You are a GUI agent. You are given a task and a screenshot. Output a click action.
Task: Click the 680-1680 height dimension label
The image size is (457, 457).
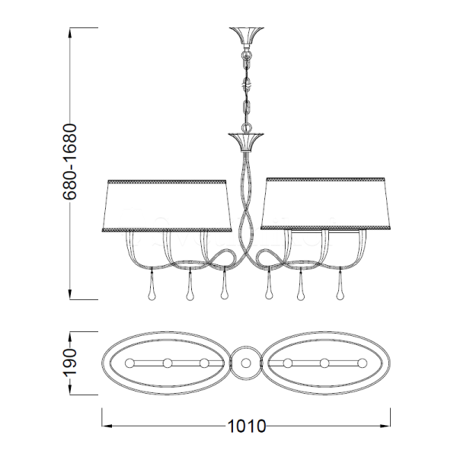(70, 161)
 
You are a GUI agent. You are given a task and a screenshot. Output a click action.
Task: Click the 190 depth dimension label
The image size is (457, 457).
(70, 363)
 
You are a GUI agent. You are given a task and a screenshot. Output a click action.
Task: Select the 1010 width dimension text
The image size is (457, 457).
(247, 426)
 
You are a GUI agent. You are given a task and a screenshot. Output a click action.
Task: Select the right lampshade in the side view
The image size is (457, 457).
(325, 203)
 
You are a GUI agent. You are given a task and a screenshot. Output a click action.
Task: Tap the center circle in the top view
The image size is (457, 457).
(246, 363)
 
